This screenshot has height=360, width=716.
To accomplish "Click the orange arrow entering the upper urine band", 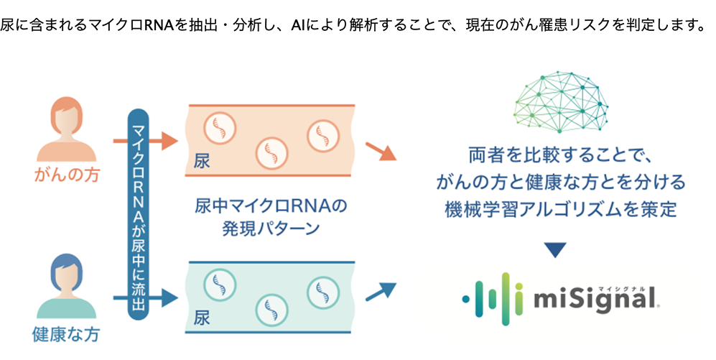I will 166,140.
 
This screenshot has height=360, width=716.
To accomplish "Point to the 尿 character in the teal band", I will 202,317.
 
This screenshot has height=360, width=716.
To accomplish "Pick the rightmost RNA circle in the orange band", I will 322,134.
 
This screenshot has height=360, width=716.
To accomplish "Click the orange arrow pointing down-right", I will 381,152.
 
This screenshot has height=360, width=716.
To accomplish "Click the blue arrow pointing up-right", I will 381,290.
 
